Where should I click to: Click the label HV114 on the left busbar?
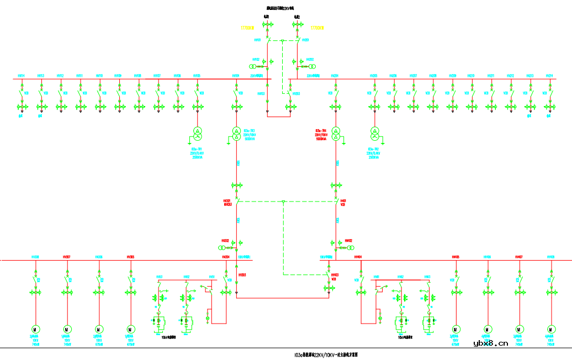tap(21, 76)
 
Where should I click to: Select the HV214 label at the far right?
tap(549, 76)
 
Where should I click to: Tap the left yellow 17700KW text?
tap(247, 27)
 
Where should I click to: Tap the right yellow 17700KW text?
tap(317, 27)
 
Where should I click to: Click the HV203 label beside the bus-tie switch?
tap(296, 94)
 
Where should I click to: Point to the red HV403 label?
tap(335, 274)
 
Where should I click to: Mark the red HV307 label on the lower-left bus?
tap(67, 257)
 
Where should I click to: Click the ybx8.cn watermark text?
tap(491, 343)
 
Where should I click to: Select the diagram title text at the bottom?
tap(330, 354)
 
